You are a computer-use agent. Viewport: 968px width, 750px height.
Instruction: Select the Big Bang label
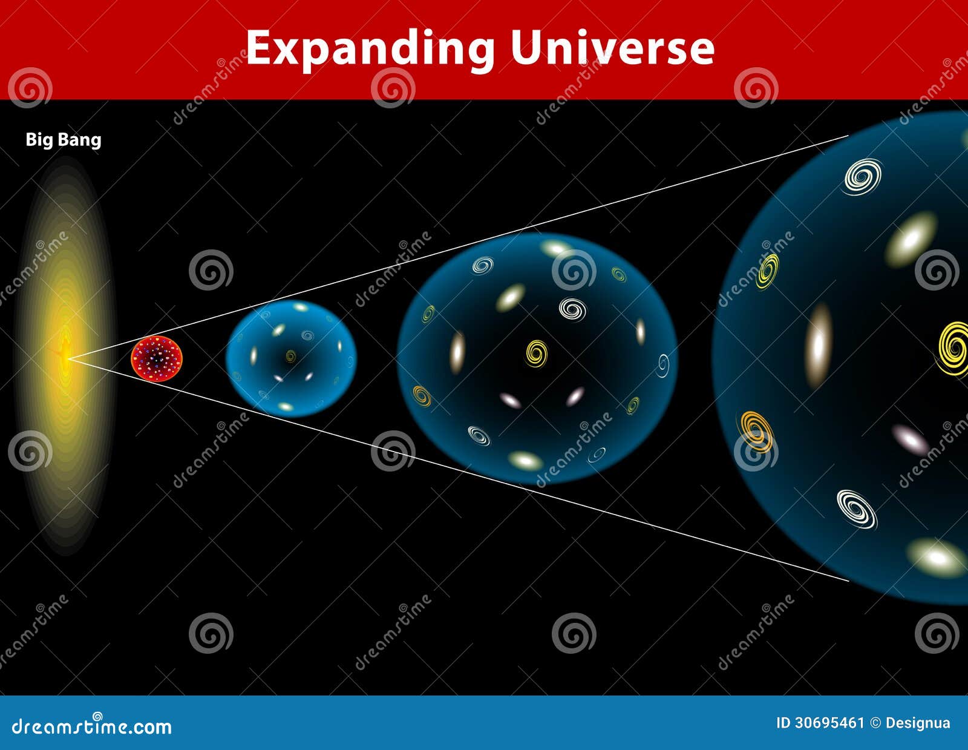coord(64,140)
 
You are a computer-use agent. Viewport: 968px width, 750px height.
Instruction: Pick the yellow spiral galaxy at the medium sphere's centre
coord(537,352)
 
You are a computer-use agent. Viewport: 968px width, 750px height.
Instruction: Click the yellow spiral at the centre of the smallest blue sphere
coord(290,356)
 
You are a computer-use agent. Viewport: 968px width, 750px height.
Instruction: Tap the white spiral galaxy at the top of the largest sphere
coord(863,176)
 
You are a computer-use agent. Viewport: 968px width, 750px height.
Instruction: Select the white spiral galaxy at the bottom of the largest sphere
coord(857,510)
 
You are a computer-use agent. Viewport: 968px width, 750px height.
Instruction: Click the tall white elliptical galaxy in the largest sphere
coord(819,345)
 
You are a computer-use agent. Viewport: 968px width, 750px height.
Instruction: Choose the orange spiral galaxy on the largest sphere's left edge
coord(756,430)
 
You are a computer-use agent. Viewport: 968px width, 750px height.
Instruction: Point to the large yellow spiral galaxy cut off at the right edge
coord(954,349)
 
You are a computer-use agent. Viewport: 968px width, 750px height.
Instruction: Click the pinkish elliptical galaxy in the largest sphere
coord(910,440)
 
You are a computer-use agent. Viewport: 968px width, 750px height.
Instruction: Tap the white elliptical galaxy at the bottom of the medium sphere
coord(526,461)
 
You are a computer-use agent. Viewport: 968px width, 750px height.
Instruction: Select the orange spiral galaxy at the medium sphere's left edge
coord(422,396)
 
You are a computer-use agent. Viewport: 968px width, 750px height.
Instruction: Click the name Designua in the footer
coord(917,723)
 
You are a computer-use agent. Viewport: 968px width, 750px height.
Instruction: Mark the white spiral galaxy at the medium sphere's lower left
coord(479,435)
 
